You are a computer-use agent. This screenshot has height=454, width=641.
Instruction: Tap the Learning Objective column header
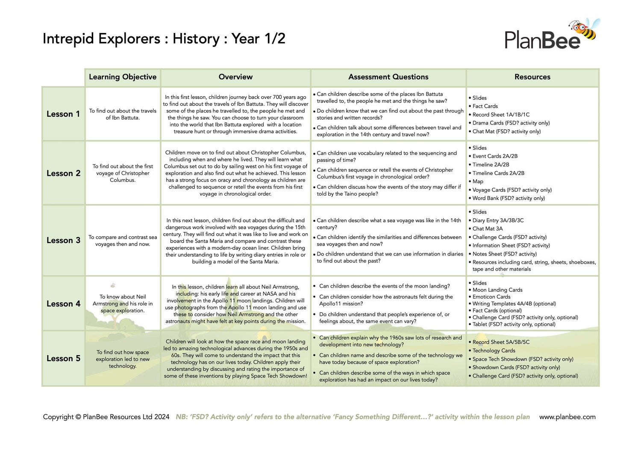tap(123, 77)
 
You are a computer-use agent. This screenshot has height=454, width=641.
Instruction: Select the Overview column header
tap(235, 77)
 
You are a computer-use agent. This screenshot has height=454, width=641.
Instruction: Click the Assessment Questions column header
tap(388, 77)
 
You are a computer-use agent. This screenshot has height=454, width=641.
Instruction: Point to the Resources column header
tap(532, 77)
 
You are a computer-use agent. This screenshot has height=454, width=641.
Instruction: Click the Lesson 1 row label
tap(63, 114)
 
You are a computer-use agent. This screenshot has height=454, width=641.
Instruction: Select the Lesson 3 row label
tap(63, 240)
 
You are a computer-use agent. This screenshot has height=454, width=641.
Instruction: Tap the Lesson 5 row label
tap(63, 359)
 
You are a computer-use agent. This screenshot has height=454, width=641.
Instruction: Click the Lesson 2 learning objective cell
tap(123, 173)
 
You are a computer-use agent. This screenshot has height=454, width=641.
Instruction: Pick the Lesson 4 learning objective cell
tap(123, 304)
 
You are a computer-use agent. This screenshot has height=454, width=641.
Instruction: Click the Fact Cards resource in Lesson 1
tap(485, 106)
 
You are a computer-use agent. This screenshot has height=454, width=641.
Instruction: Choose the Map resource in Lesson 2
tap(478, 181)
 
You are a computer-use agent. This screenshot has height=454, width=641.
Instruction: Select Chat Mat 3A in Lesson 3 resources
tap(488, 228)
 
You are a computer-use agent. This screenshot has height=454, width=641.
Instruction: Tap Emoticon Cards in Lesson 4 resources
tap(491, 297)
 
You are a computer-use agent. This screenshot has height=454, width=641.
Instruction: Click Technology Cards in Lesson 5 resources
tap(494, 350)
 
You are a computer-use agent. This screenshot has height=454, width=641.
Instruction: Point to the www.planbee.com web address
tap(567, 417)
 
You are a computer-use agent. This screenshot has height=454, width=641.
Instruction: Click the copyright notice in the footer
tap(106, 417)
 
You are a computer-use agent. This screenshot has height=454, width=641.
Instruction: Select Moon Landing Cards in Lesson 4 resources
tap(497, 290)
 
